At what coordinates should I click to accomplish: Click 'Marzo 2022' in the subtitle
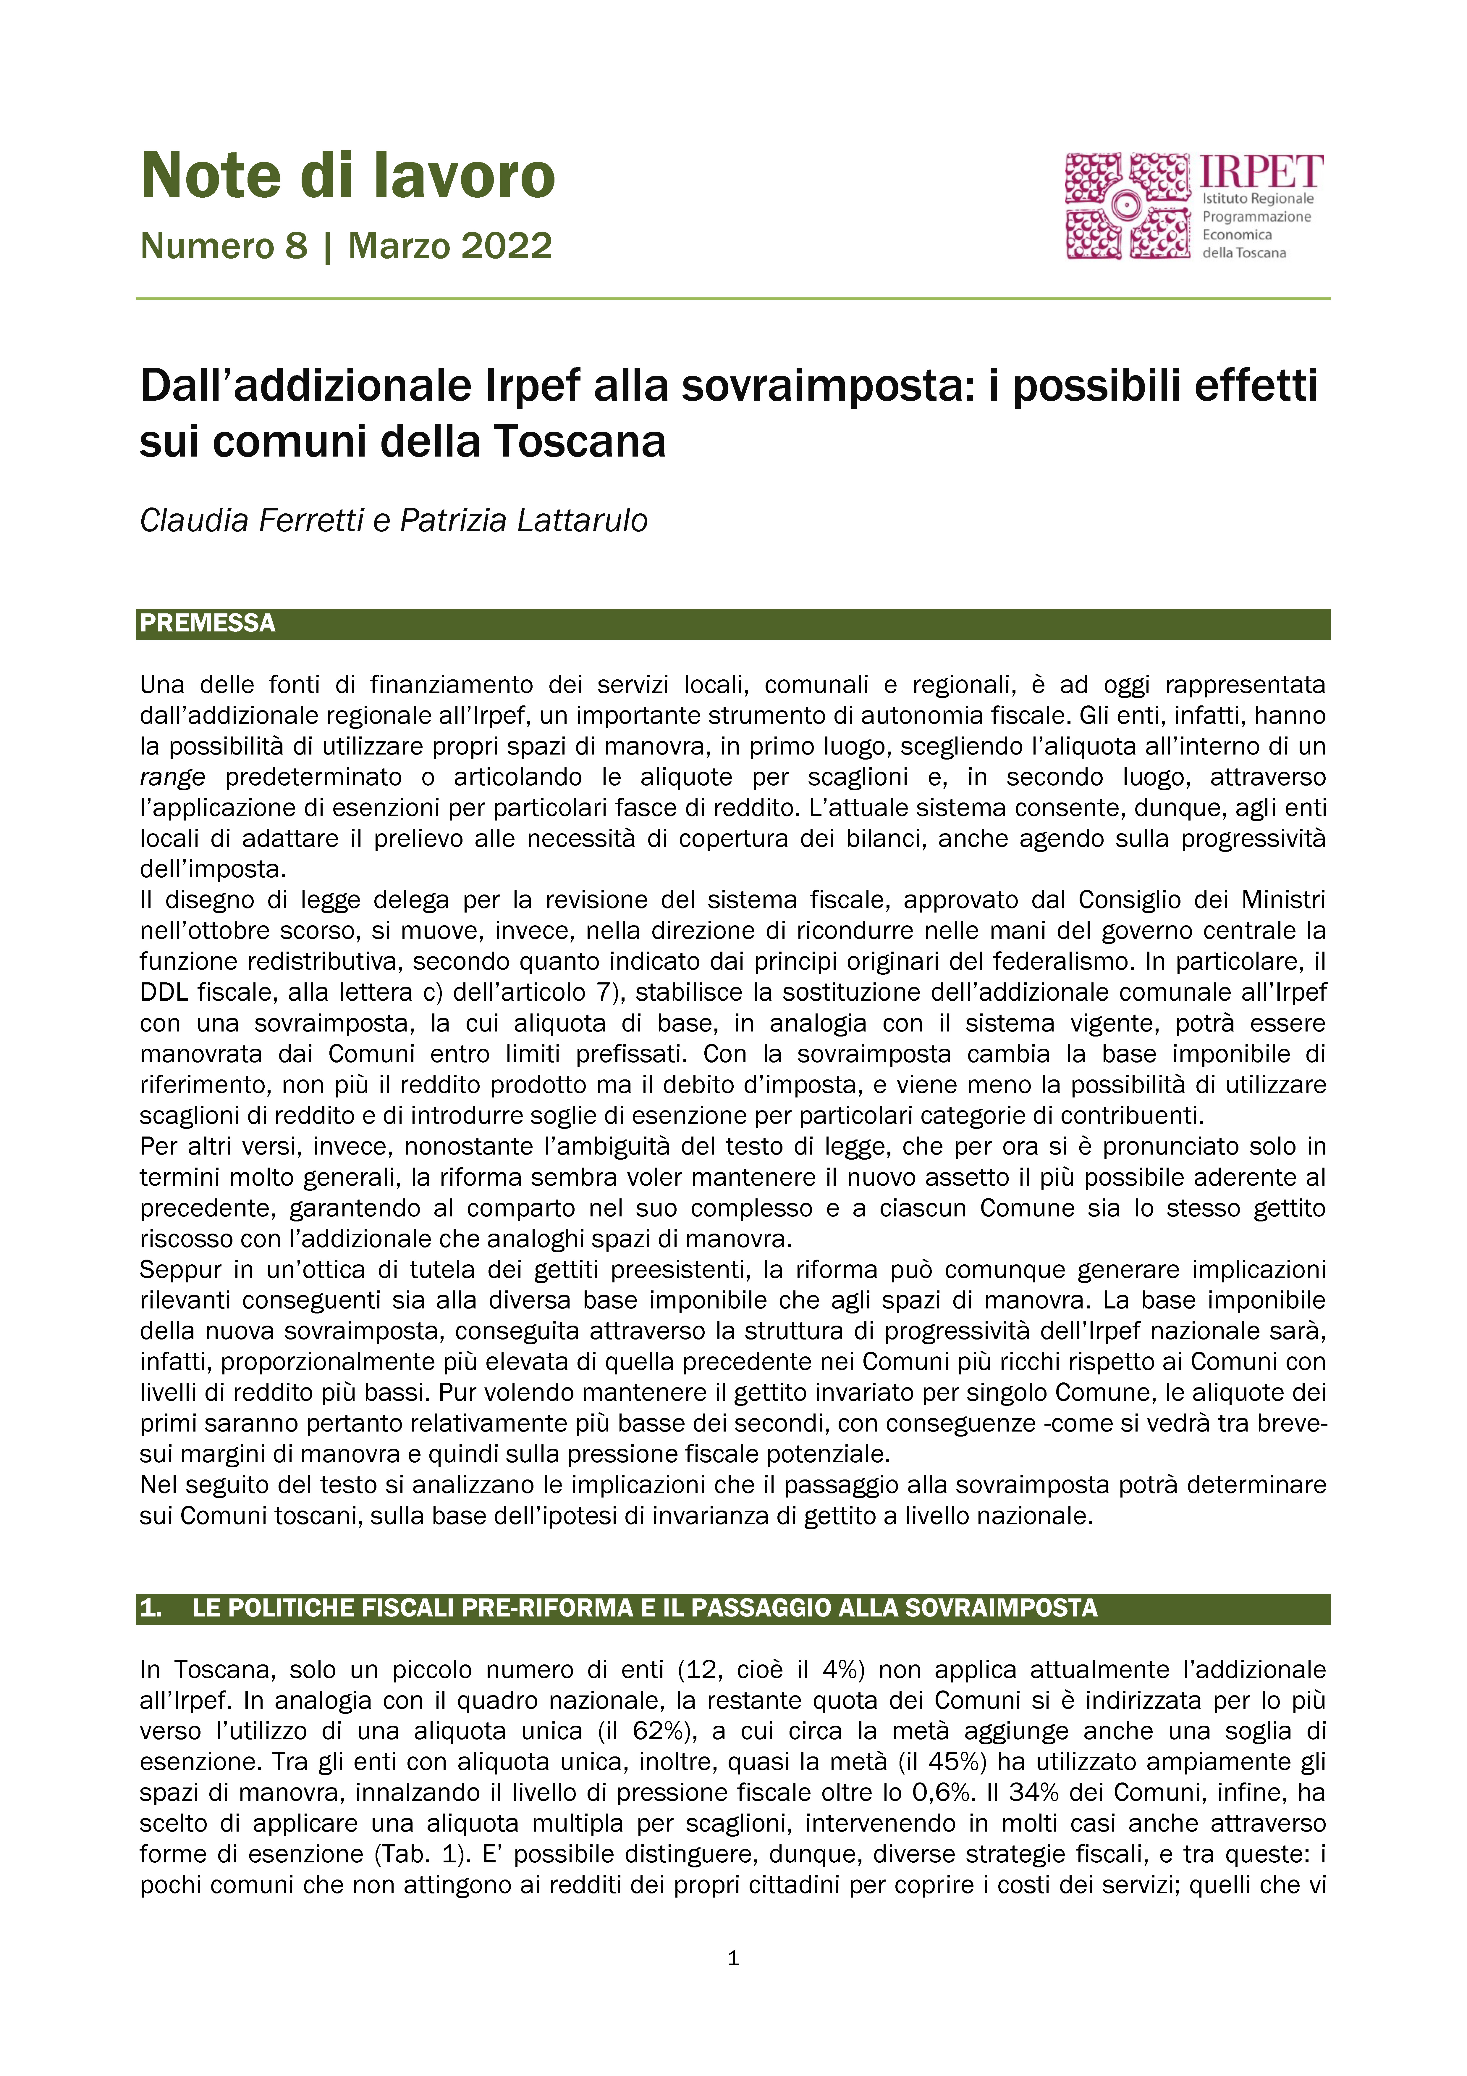coord(450,246)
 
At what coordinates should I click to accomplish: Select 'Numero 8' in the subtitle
coord(224,246)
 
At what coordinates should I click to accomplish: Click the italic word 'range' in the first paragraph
coord(173,778)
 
